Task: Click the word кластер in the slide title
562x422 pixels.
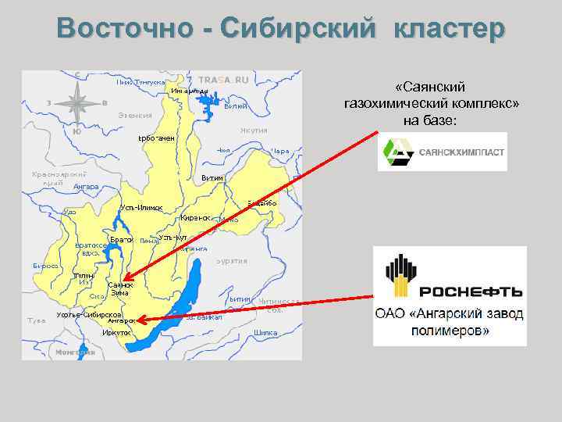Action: click(450, 29)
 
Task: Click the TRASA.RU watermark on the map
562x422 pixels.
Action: click(223, 80)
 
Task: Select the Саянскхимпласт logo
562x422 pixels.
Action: click(442, 153)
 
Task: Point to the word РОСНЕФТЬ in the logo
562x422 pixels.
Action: click(470, 292)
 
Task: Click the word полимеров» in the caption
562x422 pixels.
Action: click(450, 331)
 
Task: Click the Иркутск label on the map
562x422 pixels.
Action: click(116, 333)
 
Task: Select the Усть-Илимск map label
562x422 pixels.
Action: click(141, 208)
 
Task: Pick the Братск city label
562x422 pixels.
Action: click(121, 238)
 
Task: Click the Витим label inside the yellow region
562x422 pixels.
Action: click(212, 178)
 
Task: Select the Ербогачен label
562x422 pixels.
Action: click(156, 138)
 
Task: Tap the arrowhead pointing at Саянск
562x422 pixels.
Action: click(127, 275)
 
